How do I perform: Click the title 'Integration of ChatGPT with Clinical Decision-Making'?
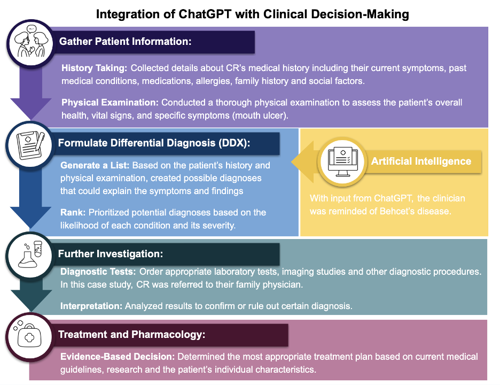(x=253, y=14)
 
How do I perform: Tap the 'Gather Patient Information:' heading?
(x=126, y=42)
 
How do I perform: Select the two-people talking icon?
(x=31, y=43)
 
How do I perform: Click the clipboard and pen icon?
(x=30, y=145)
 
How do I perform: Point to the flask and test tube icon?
(x=30, y=255)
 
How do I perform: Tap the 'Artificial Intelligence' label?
(x=421, y=161)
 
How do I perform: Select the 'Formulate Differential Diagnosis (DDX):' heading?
(x=154, y=143)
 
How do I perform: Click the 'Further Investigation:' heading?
(x=111, y=254)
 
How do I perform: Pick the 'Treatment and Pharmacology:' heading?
(x=132, y=335)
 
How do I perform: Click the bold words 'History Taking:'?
(x=95, y=68)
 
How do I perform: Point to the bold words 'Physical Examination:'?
(x=110, y=103)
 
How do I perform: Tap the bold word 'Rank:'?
(x=73, y=213)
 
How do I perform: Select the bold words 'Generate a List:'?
(x=95, y=165)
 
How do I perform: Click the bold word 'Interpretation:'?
(x=91, y=306)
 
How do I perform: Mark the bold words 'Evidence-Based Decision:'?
(x=118, y=357)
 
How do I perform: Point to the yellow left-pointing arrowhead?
(x=303, y=162)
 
